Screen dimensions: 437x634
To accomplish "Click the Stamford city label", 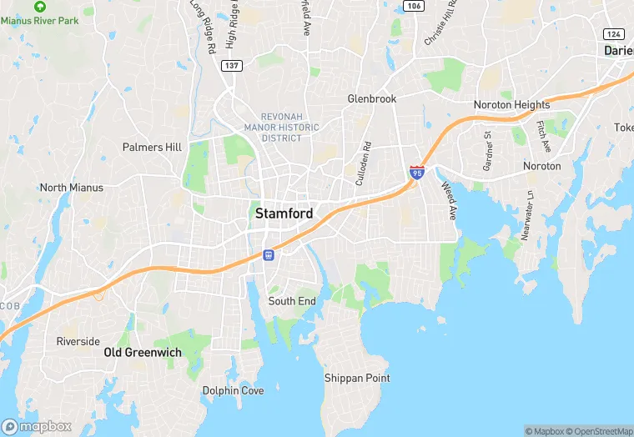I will tap(284, 213).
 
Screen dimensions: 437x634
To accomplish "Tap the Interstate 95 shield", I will tap(417, 173).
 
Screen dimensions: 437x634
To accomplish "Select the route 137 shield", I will tap(232, 65).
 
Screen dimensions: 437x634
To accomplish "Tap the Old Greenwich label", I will tap(142, 353).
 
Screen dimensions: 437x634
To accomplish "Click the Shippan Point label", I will tap(357, 378).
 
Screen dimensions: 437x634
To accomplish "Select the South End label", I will tap(292, 301).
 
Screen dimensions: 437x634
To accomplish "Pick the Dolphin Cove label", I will tap(234, 390).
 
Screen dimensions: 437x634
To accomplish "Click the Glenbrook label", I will tap(372, 98).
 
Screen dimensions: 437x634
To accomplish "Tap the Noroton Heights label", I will tap(511, 105).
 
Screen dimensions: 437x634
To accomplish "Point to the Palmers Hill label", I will tap(152, 148).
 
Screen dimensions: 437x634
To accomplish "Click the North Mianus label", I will tap(72, 188).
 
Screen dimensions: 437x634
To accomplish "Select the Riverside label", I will tap(78, 341).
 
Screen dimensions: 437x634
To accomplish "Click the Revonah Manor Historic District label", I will tap(280, 128).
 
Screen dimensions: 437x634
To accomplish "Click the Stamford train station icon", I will tap(269, 255).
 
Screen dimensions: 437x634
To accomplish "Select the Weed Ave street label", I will tap(450, 201).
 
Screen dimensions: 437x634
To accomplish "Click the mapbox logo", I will tap(37, 426).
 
